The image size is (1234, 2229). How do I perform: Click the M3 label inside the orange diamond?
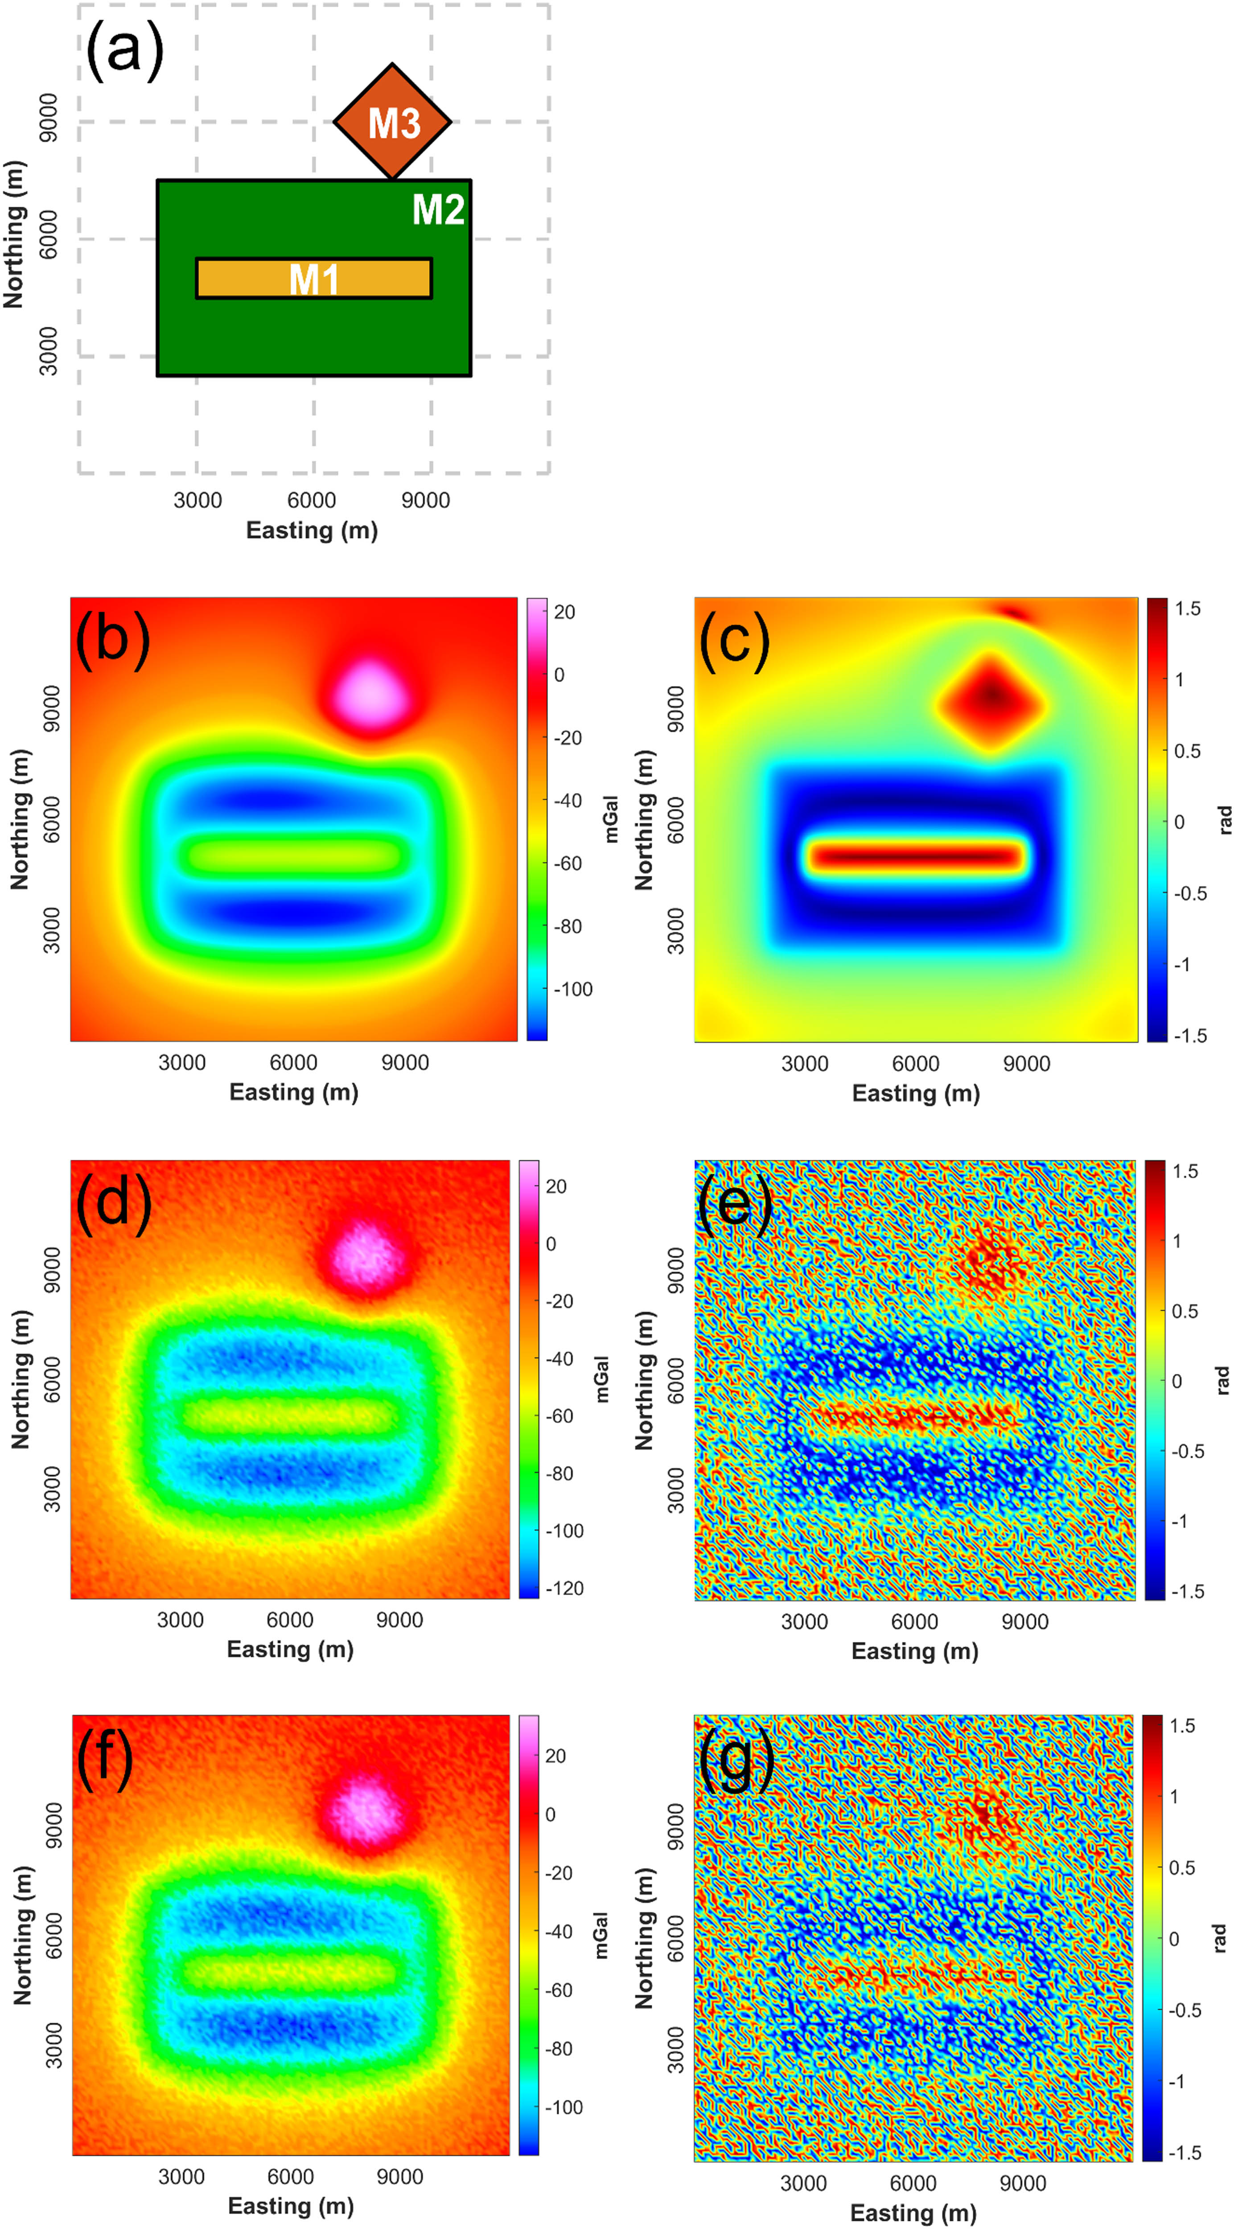tap(394, 123)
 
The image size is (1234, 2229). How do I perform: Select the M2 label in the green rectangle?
tap(438, 210)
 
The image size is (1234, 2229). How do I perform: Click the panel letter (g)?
tap(736, 1756)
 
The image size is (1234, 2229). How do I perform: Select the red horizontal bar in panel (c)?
tap(916, 857)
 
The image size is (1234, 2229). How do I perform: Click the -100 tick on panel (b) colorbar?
tap(573, 989)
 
